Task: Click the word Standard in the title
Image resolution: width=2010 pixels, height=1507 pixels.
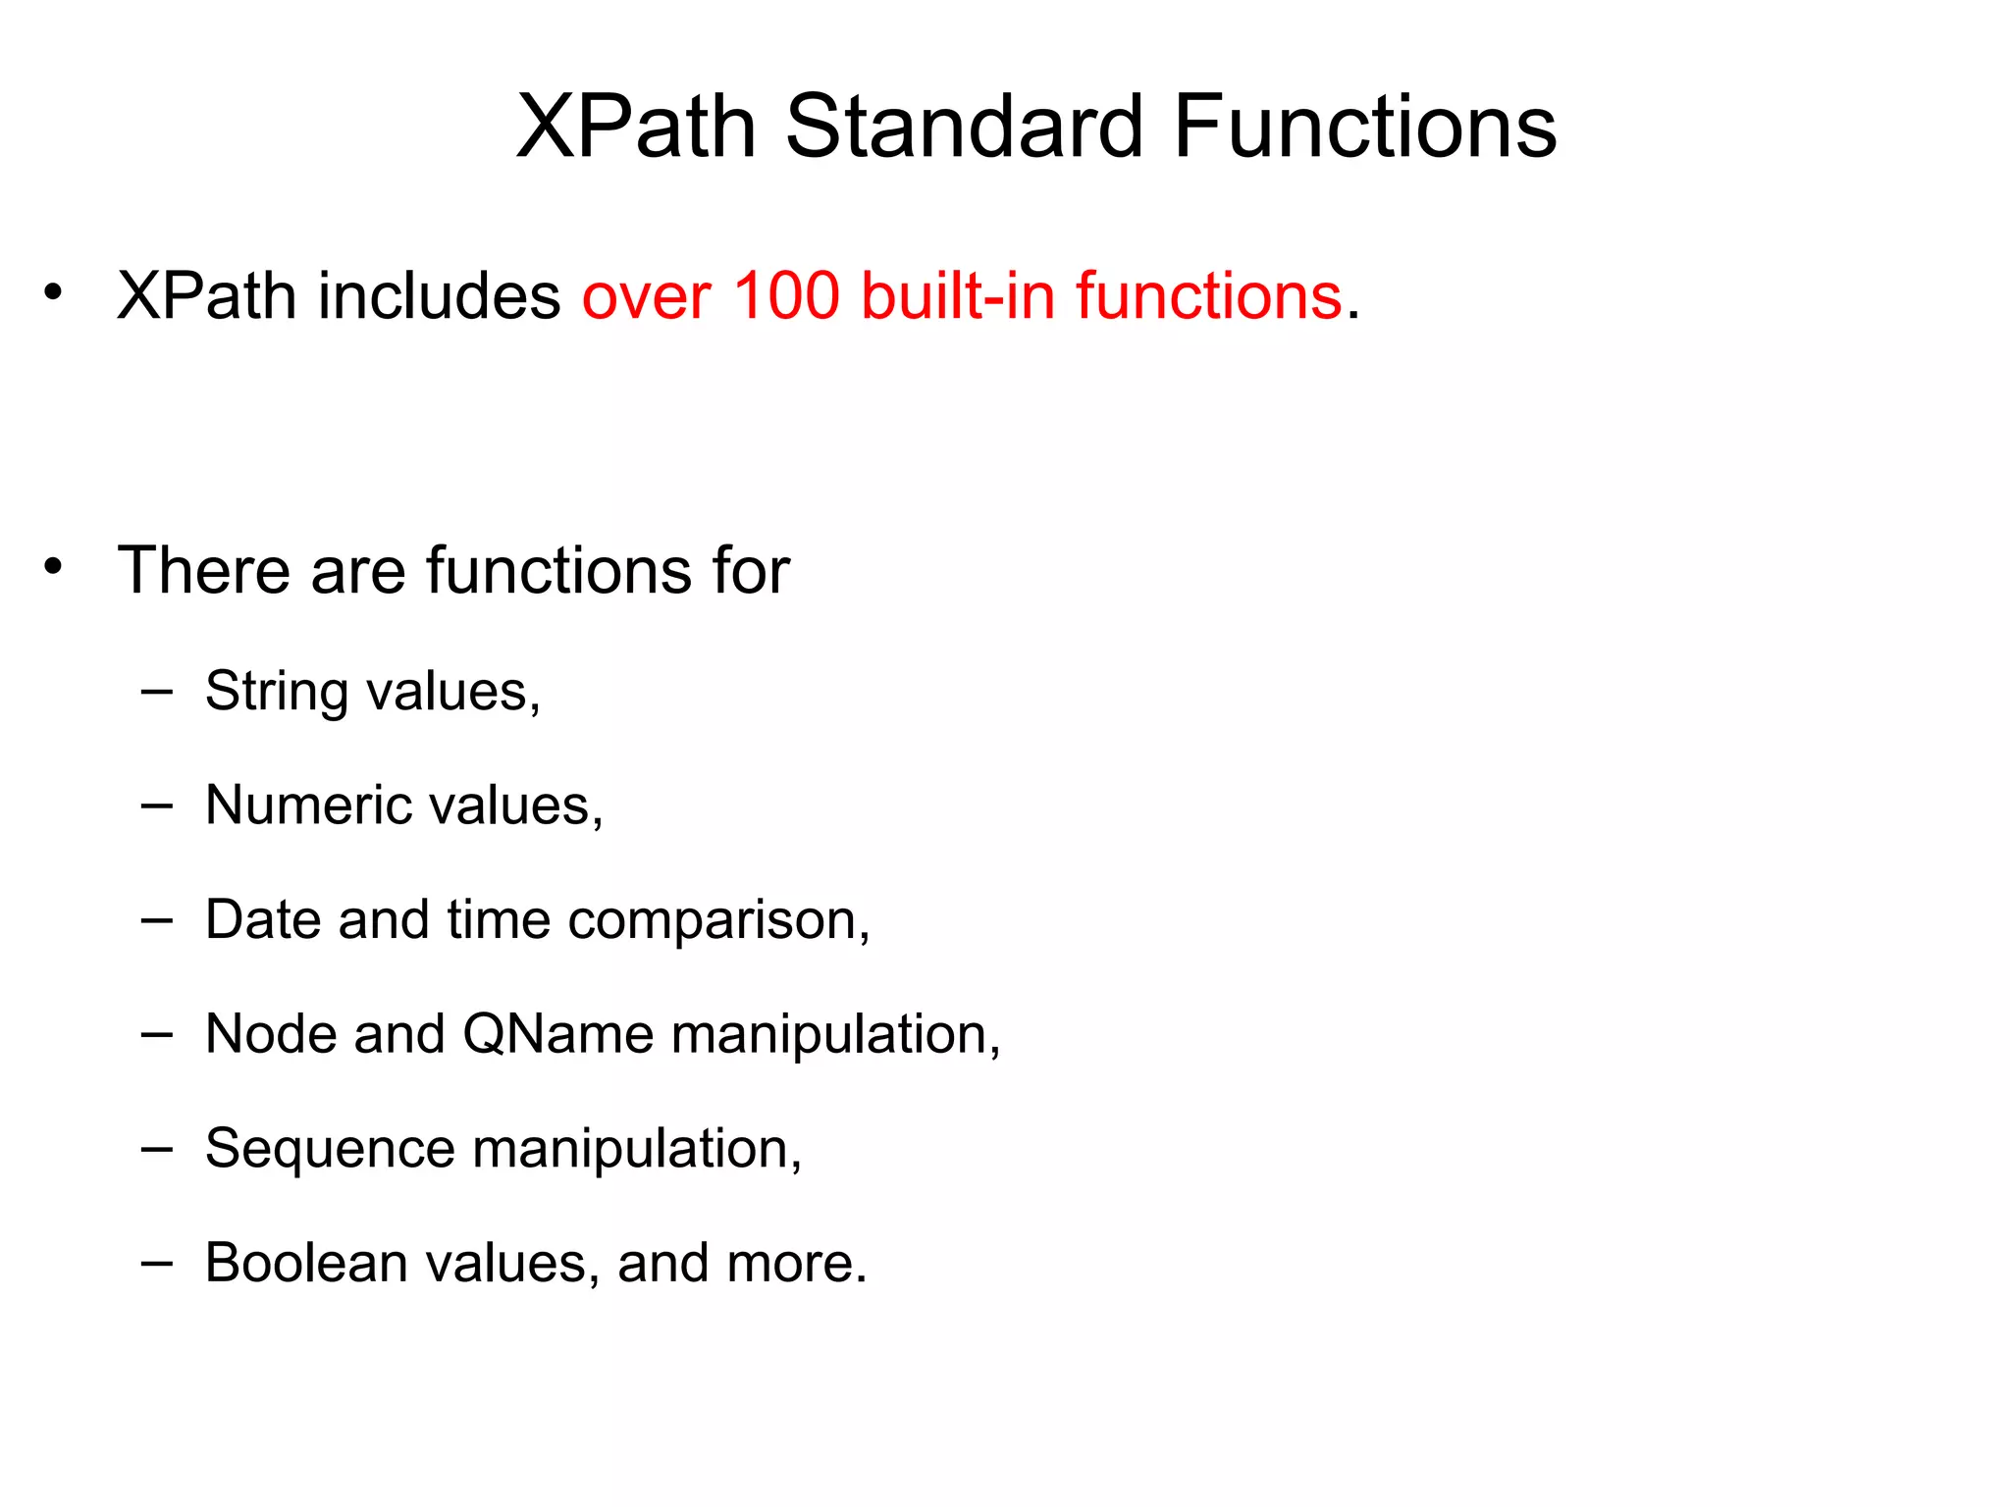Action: (x=964, y=127)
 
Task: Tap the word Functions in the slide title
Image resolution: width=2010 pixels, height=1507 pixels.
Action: (x=1364, y=127)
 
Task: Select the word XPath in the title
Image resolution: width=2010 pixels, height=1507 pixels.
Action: (x=636, y=127)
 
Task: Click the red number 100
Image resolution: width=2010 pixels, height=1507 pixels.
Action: (x=786, y=295)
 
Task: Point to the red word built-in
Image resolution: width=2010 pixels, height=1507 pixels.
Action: (x=958, y=295)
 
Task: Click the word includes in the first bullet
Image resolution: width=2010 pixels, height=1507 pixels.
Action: (x=439, y=295)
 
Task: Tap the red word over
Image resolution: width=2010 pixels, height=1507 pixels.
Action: (x=646, y=295)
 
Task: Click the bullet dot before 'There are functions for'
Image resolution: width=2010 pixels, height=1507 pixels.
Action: (x=54, y=566)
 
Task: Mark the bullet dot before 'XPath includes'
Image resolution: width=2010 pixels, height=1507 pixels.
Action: (x=54, y=291)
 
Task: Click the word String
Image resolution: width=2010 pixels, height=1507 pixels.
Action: (x=277, y=692)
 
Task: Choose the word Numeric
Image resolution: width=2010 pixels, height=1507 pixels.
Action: (x=308, y=805)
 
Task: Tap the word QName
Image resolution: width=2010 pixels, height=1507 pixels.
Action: (x=557, y=1035)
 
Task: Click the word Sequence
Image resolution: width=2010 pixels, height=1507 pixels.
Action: (x=330, y=1150)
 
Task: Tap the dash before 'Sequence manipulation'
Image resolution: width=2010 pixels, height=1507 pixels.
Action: (x=157, y=1148)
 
